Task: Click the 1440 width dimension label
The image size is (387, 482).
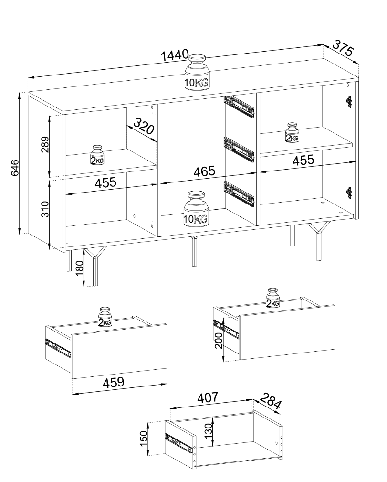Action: (x=175, y=55)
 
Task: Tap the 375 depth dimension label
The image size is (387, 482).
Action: (x=344, y=48)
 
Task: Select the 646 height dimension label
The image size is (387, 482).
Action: (x=15, y=168)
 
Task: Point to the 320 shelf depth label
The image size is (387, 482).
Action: (x=144, y=126)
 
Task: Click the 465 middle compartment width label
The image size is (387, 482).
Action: (x=204, y=171)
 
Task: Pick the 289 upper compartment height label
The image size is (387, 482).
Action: (x=45, y=144)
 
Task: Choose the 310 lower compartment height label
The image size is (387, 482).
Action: (x=45, y=209)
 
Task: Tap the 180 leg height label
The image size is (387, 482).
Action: (x=80, y=268)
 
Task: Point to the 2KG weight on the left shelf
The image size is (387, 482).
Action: (x=97, y=155)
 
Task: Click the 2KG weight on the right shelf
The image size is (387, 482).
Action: (x=292, y=132)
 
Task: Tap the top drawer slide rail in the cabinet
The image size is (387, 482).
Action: (x=240, y=107)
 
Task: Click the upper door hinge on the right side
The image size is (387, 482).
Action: (x=349, y=102)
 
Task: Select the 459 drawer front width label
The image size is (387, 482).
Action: (x=114, y=382)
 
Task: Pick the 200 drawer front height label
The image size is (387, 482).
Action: (x=219, y=340)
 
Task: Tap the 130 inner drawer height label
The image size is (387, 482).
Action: (x=208, y=431)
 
